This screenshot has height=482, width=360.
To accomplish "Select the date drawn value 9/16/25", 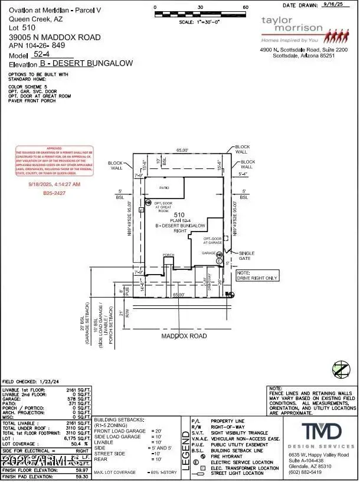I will [336, 5].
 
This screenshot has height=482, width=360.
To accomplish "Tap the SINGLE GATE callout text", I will [247, 256].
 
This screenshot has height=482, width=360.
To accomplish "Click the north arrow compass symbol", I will [339, 369].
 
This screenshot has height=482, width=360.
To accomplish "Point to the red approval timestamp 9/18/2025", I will [54, 184].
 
